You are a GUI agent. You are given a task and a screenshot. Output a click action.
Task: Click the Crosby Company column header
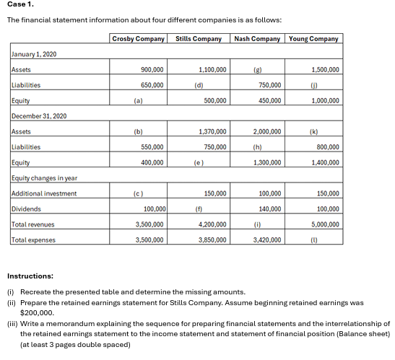click(139, 38)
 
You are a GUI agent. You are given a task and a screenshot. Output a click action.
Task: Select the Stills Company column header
click(199, 38)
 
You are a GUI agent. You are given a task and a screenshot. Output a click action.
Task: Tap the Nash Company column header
click(258, 38)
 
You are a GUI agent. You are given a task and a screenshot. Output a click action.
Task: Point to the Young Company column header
click(313, 38)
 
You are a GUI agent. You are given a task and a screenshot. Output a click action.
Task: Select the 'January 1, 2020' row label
click(35, 55)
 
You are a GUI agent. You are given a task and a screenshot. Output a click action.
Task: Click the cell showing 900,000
click(152, 70)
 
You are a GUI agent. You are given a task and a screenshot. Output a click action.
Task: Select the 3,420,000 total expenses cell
click(267, 240)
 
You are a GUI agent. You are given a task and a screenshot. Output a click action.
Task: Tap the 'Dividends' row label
click(26, 209)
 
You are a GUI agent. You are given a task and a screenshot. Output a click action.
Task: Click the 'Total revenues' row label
click(33, 224)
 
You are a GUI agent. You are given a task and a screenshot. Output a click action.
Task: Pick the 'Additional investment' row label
click(45, 193)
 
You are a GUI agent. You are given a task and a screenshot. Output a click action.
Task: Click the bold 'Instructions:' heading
click(30, 276)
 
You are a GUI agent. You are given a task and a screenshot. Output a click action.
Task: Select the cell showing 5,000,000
click(326, 224)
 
